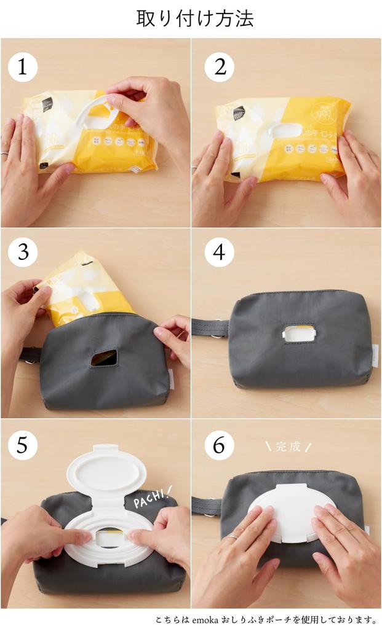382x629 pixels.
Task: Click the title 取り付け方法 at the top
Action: click(x=194, y=18)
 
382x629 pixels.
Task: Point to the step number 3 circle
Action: click(x=23, y=252)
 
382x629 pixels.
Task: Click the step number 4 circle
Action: click(x=219, y=252)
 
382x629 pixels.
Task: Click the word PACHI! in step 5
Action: click(x=153, y=498)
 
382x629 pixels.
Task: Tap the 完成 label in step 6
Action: click(x=288, y=447)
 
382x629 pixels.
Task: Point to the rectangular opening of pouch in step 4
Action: click(x=299, y=334)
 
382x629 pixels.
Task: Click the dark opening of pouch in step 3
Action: click(x=104, y=358)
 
